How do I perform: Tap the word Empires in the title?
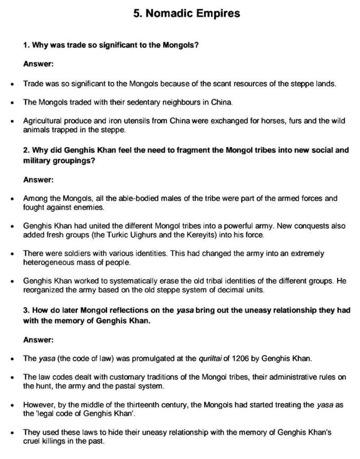pyautogui.click(x=217, y=13)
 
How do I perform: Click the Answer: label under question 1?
pyautogui.click(x=39, y=64)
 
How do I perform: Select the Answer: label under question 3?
pyautogui.click(x=39, y=339)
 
